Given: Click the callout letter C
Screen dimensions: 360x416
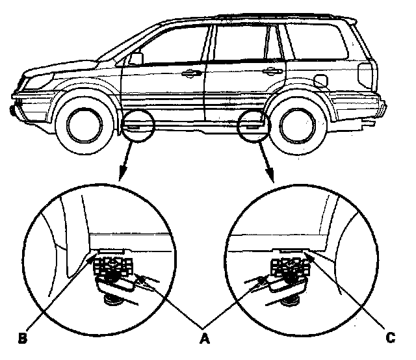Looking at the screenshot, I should click(391, 338).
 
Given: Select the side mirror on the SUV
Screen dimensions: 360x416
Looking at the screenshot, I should click(136, 58).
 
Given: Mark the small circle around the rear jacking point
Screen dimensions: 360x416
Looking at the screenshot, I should click(252, 123).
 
